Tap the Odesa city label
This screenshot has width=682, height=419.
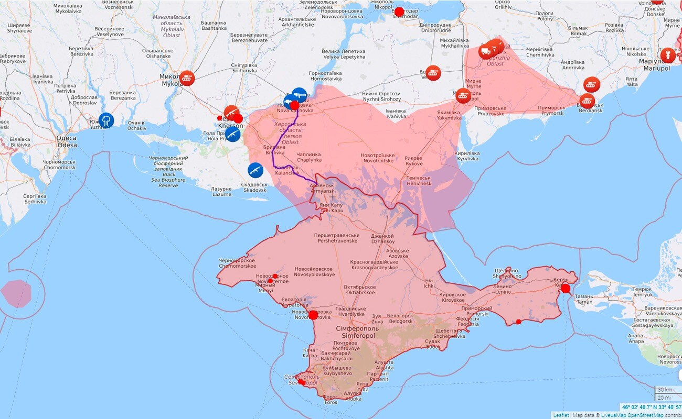pos(67,141)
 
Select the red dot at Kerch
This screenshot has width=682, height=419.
pos(565,289)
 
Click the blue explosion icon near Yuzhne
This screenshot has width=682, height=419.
pos(106,120)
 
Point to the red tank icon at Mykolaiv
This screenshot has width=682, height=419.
pos(187,78)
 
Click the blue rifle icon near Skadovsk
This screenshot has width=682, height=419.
pos(255,170)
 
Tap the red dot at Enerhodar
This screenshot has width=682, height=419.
pos(399,12)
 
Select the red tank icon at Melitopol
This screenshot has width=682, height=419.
pos(463,95)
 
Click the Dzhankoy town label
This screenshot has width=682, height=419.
pos(382,238)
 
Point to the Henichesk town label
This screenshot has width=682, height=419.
pos(419,181)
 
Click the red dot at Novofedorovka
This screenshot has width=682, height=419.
pos(313,315)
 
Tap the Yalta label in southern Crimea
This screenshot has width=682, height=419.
pos(363,387)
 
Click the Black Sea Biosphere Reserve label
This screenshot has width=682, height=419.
pos(168,171)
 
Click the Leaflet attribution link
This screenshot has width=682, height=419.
pos(561,415)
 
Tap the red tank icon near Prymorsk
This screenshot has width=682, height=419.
pos(592,84)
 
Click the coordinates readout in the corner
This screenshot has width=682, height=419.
pos(651,407)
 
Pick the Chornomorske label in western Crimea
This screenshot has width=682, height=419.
pos(237,263)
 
